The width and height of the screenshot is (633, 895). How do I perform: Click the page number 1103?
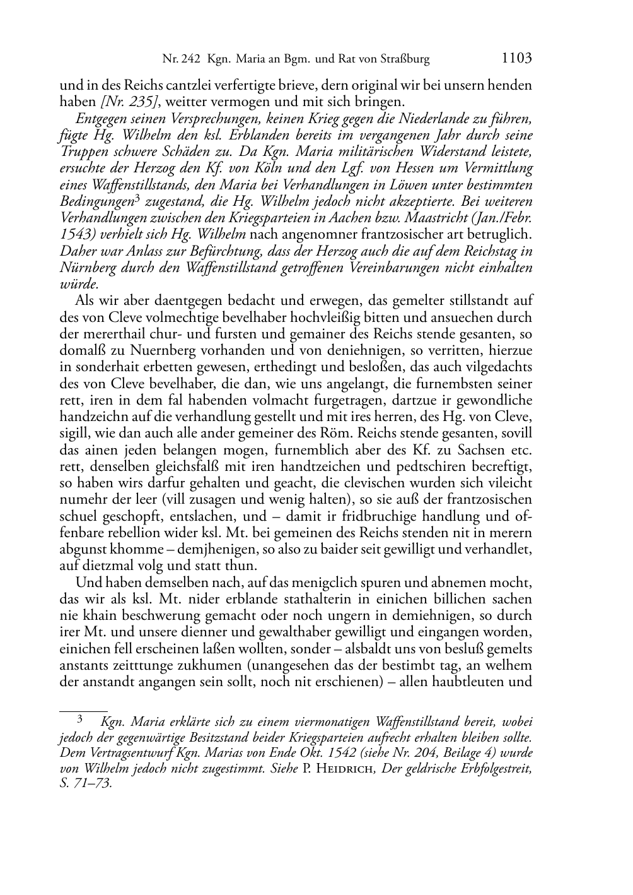516,59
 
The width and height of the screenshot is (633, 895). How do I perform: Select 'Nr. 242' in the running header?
181,60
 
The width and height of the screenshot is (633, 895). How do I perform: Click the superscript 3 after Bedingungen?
137,198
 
